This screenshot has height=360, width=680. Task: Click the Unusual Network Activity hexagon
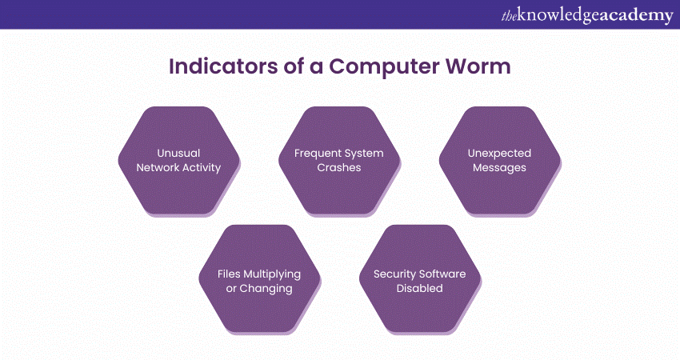pos(179,160)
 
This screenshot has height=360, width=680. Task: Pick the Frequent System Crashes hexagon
pos(339,160)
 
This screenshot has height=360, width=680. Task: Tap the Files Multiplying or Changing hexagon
pos(259,280)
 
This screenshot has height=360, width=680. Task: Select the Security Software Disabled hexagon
pos(419,280)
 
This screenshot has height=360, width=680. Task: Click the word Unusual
pos(179,153)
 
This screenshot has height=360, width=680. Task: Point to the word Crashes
pos(339,168)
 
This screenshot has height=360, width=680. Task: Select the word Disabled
pos(419,288)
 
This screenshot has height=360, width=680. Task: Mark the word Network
pos(158,168)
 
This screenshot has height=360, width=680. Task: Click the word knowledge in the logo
pos(550,14)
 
